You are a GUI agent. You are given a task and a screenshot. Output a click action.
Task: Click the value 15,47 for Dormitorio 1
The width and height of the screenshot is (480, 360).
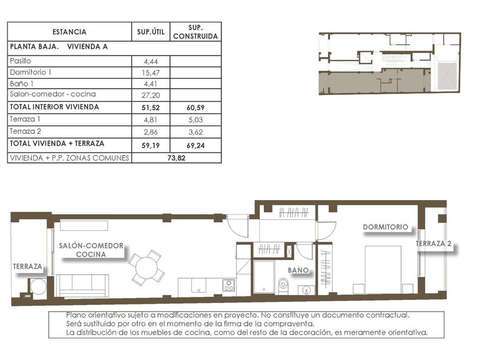[x=151, y=72]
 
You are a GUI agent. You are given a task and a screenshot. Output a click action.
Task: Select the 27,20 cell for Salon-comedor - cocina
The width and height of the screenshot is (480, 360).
[x=151, y=95]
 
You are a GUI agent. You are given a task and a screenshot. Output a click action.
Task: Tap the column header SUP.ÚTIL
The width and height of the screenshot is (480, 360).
[x=151, y=32]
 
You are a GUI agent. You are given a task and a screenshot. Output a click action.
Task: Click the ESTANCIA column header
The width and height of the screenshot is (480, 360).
[x=69, y=32]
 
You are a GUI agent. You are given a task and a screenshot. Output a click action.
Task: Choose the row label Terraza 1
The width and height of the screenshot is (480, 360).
[x=26, y=119]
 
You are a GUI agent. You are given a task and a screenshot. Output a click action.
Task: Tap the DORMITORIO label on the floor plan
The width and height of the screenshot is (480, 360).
[x=386, y=227]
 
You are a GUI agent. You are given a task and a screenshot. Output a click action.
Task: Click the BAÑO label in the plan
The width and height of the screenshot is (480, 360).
[x=299, y=270]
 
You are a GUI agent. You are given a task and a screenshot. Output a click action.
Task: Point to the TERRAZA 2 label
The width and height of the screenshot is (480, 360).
[x=434, y=244]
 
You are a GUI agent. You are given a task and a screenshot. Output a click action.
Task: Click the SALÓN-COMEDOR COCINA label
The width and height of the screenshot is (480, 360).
[x=91, y=250]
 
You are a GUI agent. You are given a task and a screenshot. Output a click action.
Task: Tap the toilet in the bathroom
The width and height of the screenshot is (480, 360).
[x=283, y=286]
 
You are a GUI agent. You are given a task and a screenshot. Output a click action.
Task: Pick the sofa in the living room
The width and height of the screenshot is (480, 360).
[x=83, y=285]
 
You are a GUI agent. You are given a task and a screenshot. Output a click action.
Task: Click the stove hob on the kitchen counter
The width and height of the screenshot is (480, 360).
[x=229, y=286]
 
